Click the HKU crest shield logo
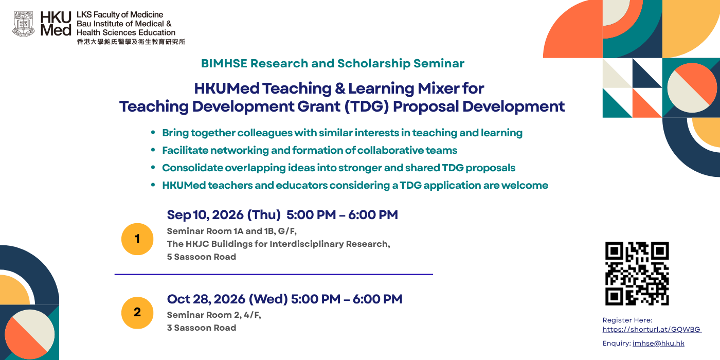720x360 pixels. (24, 24)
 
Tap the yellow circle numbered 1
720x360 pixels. (137, 239)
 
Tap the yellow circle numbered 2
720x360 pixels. (137, 313)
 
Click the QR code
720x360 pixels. (637, 274)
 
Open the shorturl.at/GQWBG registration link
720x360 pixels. (652, 330)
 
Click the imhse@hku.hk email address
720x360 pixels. (658, 344)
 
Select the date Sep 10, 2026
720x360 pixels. (205, 215)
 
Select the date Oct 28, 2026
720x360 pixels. (206, 299)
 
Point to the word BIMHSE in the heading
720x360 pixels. (224, 64)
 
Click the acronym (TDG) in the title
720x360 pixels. (366, 107)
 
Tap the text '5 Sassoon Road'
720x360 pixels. (202, 257)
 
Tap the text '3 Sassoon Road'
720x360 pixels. (202, 328)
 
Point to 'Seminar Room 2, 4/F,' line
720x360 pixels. (214, 315)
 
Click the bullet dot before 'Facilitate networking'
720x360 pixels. (153, 150)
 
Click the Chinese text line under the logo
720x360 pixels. (131, 42)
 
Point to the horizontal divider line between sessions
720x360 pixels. (274, 275)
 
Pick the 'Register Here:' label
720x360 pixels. (627, 320)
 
